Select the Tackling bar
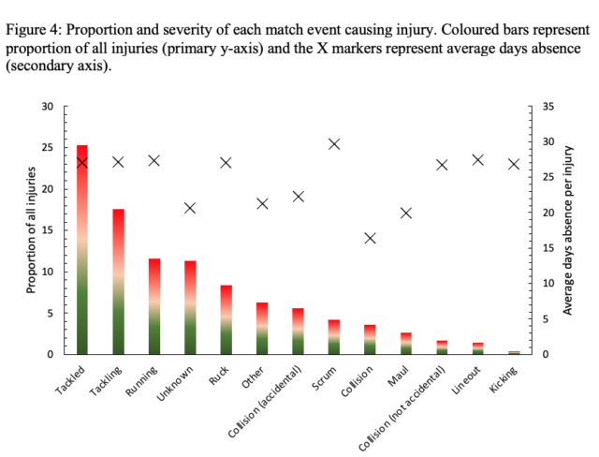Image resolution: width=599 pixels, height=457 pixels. (x=118, y=281)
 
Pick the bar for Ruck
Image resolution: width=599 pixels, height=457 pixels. (x=226, y=319)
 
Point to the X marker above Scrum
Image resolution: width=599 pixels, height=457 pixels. (x=334, y=143)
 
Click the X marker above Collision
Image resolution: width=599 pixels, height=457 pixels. (x=370, y=238)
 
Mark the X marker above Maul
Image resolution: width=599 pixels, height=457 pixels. (x=406, y=213)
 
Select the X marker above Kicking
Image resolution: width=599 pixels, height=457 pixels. (x=513, y=163)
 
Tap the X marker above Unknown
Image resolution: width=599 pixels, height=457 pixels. (x=190, y=207)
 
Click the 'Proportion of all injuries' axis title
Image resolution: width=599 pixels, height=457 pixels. (x=31, y=229)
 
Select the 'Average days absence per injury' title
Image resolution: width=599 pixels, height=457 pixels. (x=567, y=229)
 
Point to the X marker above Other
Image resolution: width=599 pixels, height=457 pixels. (x=262, y=203)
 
